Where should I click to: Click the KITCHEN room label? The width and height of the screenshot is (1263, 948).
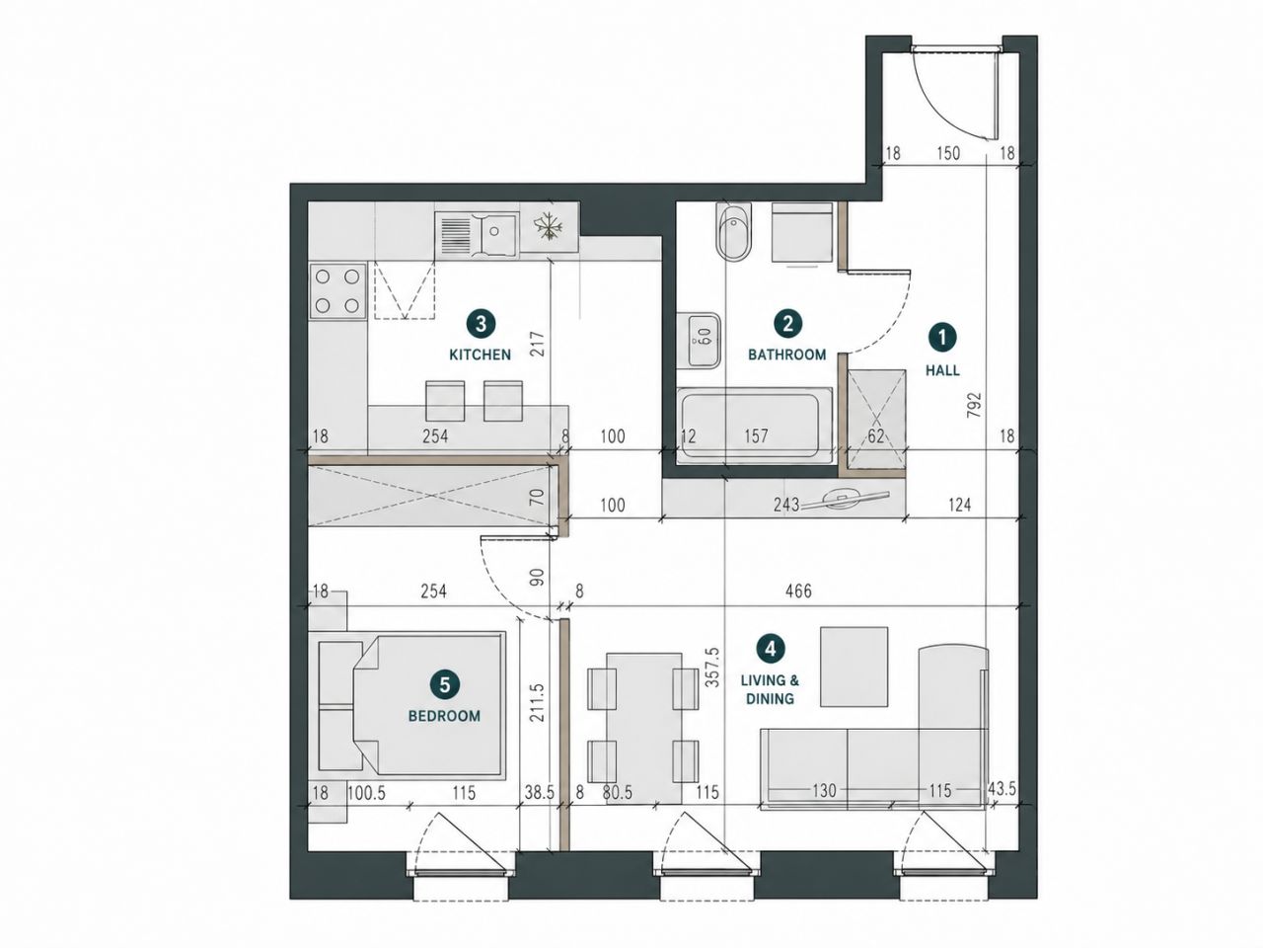[480, 355]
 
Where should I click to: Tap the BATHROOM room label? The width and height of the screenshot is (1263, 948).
[786, 355]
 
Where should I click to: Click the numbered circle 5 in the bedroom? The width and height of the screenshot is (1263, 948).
[445, 685]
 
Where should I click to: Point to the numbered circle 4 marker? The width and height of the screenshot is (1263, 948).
[770, 649]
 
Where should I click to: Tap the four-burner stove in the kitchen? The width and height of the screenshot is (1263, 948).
[337, 290]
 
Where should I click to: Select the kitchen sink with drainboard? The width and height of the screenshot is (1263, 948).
[477, 234]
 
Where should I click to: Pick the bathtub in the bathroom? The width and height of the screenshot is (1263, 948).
[755, 426]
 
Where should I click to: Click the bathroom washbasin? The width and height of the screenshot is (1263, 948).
[698, 340]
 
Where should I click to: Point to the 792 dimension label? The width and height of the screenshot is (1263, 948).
[975, 405]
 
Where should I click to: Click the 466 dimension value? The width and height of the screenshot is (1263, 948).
[798, 591]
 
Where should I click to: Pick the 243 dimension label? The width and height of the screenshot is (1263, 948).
[786, 505]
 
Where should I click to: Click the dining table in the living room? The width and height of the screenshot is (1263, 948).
[644, 728]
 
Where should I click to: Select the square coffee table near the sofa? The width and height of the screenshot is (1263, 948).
[854, 667]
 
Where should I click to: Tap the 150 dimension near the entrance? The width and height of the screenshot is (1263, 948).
[948, 153]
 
